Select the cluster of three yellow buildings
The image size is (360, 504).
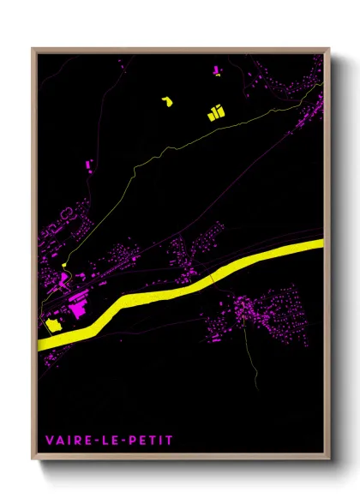[214, 111]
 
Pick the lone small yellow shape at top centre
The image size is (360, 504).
[166, 102]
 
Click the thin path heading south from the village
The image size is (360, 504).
[253, 360]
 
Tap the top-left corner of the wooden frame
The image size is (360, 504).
[33, 49]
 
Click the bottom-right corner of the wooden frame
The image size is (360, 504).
[328, 459]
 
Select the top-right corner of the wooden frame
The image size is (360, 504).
[328, 49]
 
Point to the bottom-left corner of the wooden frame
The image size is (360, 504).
[33, 459]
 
